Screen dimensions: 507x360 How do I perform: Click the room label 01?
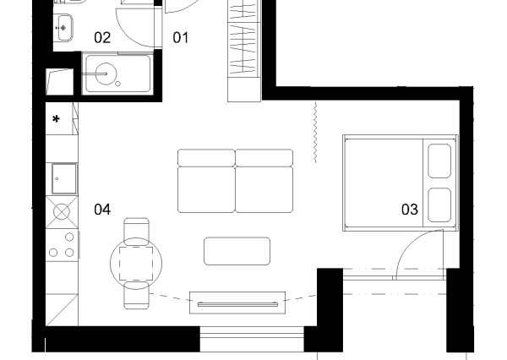[181, 37]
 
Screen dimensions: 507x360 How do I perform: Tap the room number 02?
[102, 37]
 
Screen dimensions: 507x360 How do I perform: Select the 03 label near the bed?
[410, 210]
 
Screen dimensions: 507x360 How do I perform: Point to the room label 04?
[102, 210]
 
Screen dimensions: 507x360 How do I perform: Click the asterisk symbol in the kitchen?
[56, 119]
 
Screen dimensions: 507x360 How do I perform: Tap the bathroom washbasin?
[63, 28]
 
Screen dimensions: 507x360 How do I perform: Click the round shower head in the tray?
[106, 74]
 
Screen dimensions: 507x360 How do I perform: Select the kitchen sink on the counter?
[64, 178]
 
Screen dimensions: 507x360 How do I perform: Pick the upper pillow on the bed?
[439, 161]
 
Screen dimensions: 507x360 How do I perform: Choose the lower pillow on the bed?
[439, 205]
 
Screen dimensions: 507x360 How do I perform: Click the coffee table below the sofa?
[237, 251]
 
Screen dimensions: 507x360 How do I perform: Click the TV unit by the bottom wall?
[237, 303]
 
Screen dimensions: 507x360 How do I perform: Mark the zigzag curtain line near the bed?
[315, 133]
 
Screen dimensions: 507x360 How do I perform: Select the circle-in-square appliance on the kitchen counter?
[62, 212]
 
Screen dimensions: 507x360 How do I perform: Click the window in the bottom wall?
[252, 339]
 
